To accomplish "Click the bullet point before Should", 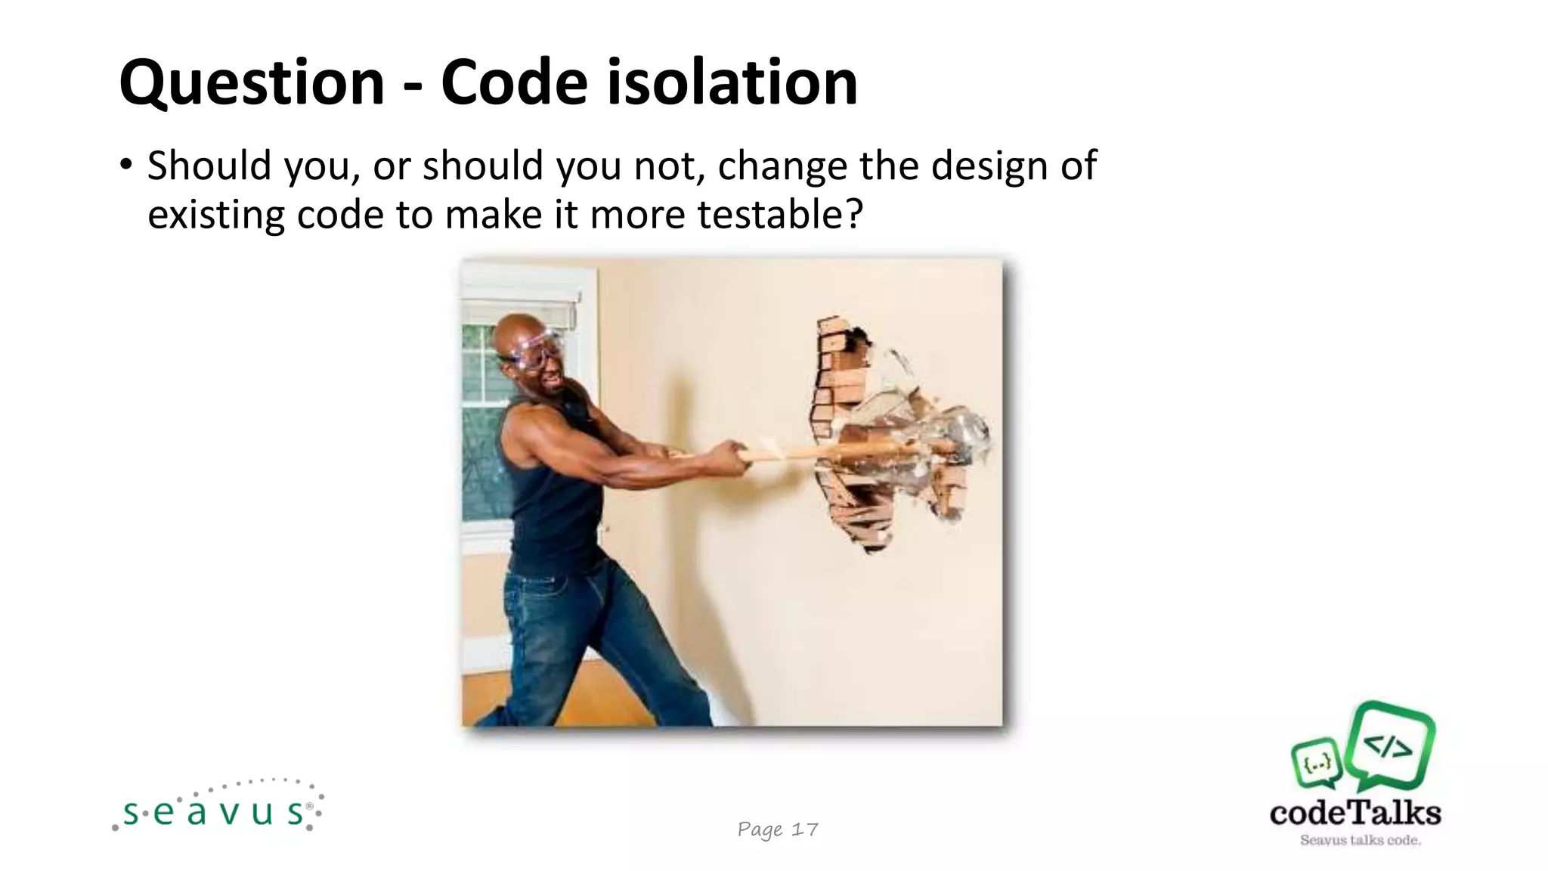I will pyautogui.click(x=126, y=164).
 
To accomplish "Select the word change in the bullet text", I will pyautogui.click(x=782, y=166).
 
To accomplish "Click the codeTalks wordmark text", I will pyautogui.click(x=1355, y=813).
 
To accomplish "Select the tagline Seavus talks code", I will pyautogui.click(x=1360, y=840).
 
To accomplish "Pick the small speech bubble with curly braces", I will pyautogui.click(x=1317, y=762).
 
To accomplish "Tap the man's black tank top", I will pyautogui.click(x=552, y=499).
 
